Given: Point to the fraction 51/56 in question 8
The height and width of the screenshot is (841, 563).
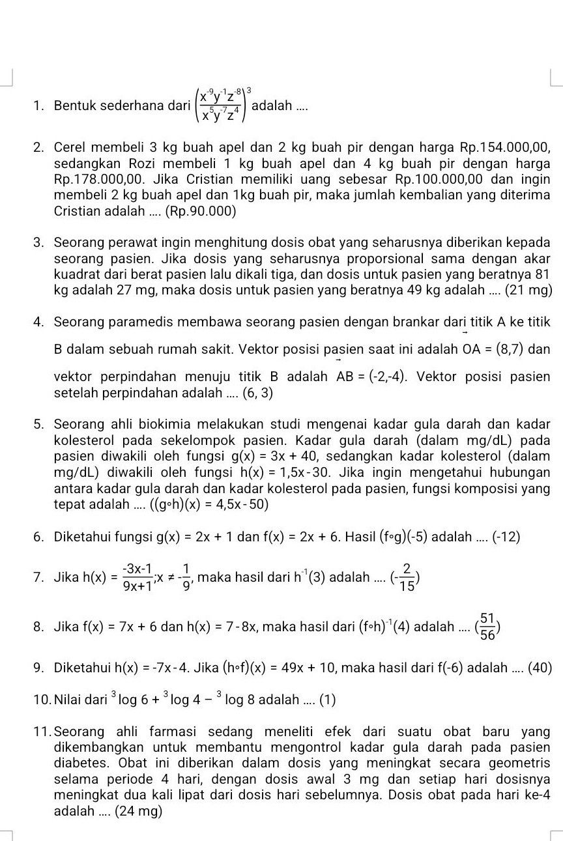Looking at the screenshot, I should [x=487, y=627].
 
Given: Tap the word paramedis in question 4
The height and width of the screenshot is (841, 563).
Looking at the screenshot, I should [x=142, y=322].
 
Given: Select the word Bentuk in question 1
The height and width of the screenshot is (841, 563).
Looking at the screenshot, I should [x=74, y=106].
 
